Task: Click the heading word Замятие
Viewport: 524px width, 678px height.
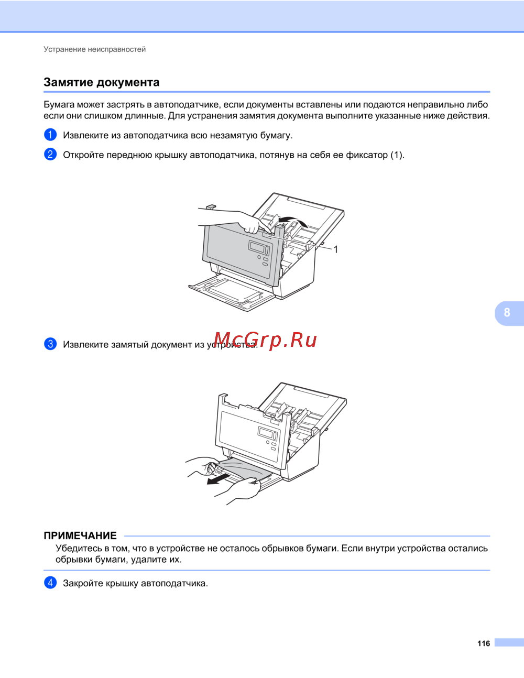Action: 68,82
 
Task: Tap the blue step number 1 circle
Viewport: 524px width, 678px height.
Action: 50,135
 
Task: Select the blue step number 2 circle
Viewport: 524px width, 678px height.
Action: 50,154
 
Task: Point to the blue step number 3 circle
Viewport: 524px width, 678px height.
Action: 50,344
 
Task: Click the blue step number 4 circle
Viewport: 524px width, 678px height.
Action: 50,583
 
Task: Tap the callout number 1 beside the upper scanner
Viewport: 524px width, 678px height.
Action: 335,249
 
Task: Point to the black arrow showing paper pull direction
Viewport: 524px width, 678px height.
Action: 219,479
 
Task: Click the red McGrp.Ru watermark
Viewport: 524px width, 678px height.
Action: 266,340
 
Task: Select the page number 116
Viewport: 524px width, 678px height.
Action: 484,643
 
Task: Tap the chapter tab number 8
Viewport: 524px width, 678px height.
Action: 507,312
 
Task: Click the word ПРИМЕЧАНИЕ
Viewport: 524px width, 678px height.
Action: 80,535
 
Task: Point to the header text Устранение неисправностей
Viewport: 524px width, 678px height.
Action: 94,49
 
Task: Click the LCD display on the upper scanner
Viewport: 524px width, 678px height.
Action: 259,248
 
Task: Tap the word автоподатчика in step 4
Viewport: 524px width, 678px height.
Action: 174,583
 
